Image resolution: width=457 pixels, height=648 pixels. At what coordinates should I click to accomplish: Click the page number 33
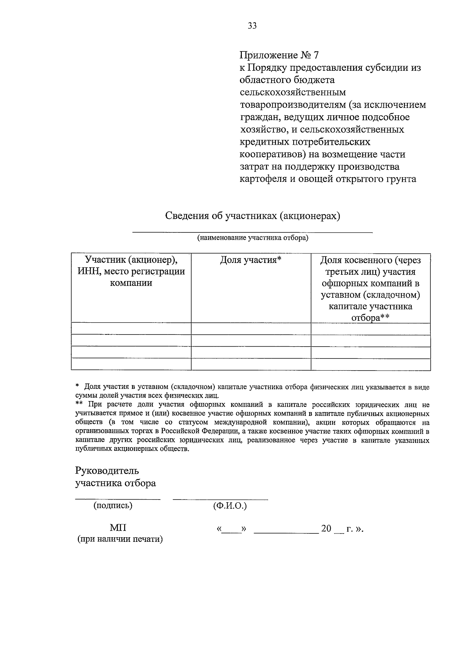pos(252,26)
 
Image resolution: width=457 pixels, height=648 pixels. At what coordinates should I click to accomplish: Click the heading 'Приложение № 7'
pos(279,55)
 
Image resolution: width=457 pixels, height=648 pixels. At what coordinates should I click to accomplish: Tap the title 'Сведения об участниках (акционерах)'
pos(252,216)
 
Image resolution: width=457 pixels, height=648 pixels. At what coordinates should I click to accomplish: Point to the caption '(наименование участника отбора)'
pos(252,238)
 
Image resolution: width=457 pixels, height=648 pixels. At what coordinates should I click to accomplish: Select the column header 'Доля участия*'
pos(251,260)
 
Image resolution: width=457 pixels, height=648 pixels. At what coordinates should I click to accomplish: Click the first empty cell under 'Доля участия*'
pos(251,329)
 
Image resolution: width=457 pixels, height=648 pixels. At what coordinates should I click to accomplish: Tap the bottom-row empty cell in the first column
pos(131,364)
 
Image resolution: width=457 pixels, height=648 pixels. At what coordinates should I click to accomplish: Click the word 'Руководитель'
pos(107,471)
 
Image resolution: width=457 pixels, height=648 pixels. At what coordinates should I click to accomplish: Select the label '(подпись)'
pos(113,506)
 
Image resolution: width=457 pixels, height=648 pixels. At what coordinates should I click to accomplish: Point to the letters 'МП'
pos(118,528)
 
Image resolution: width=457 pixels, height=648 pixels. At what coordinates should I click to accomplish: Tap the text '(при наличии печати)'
pos(120,540)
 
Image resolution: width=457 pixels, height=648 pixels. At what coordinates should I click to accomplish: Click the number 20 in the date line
pos(326,529)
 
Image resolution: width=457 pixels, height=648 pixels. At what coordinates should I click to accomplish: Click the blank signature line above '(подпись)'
pos(118,498)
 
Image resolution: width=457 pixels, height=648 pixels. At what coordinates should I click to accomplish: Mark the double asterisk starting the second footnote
pos(79,405)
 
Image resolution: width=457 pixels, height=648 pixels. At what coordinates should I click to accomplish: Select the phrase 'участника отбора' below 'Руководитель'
pos(115,483)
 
